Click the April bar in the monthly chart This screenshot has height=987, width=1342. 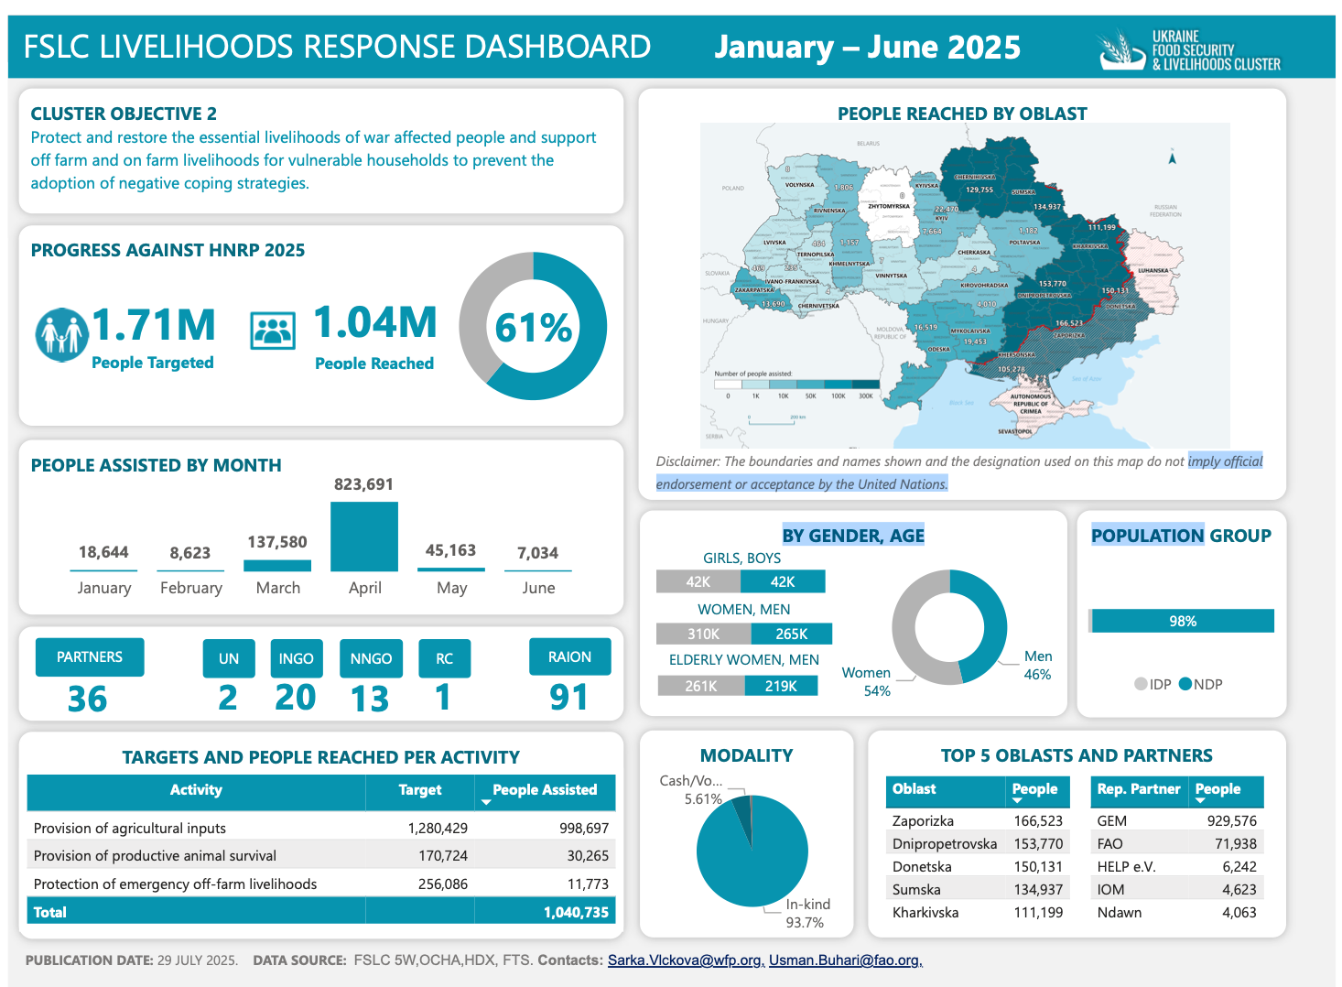(x=364, y=537)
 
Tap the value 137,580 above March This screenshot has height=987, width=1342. (x=277, y=542)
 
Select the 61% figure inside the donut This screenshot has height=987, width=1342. (x=534, y=328)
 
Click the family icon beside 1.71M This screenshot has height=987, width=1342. (x=61, y=334)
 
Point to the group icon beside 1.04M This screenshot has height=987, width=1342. (x=273, y=331)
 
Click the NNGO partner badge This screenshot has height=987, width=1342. (x=371, y=658)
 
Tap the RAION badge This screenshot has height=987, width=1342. (x=569, y=656)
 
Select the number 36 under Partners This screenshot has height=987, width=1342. (x=88, y=700)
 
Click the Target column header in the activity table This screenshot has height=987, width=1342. (x=419, y=790)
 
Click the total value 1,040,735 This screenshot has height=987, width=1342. (x=576, y=912)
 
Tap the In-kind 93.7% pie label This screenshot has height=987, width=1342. (x=806, y=913)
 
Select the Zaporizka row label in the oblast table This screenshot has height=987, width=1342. (x=923, y=821)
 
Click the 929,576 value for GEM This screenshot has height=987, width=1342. (x=1231, y=821)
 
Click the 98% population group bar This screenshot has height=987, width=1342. (x=1182, y=621)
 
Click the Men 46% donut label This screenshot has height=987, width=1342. (x=1037, y=665)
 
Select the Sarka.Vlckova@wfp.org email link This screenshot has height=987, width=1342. (x=686, y=960)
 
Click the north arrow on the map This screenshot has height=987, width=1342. (x=1172, y=157)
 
